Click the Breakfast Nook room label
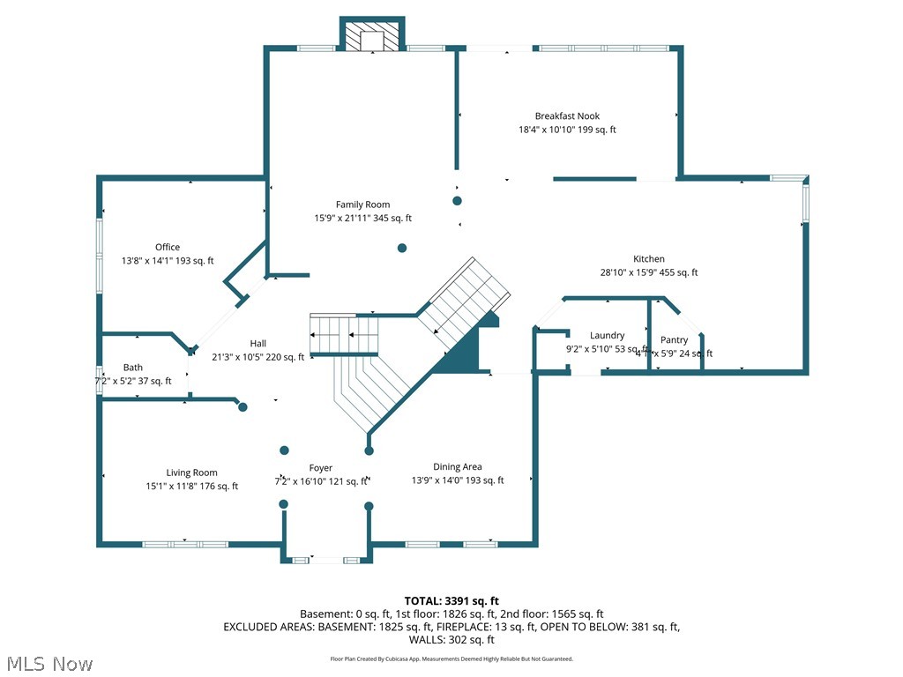(x=567, y=116)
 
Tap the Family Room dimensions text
(x=362, y=218)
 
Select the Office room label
(x=168, y=248)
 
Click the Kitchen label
(x=648, y=259)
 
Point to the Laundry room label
(x=607, y=336)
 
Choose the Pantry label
(x=674, y=340)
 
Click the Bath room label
(x=133, y=368)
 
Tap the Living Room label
(x=191, y=473)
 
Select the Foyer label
(x=321, y=468)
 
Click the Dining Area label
(x=457, y=467)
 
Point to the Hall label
(x=257, y=344)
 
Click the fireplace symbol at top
(x=372, y=38)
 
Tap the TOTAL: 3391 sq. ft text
(x=451, y=601)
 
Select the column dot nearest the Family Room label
(x=402, y=249)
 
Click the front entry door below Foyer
(x=326, y=560)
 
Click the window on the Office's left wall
(x=100, y=256)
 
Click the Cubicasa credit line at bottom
(x=451, y=658)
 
